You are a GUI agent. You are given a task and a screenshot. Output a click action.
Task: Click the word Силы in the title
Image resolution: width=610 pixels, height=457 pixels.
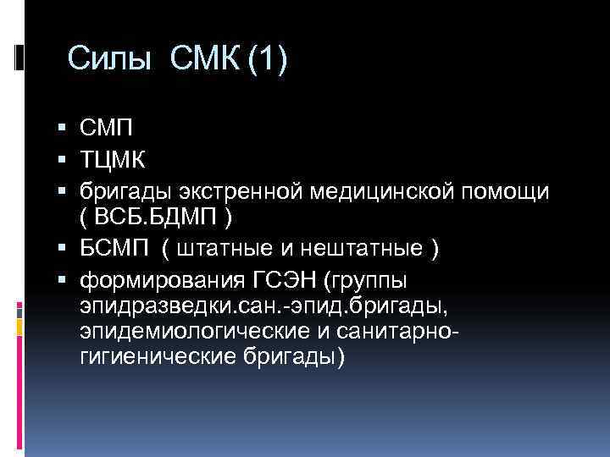(110, 60)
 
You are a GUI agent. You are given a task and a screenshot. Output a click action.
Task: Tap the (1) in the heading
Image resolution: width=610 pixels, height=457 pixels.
(268, 60)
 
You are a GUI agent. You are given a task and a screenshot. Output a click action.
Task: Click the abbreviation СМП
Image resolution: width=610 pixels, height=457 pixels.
(106, 129)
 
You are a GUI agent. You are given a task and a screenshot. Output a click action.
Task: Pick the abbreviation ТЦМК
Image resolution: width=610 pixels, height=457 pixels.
(112, 161)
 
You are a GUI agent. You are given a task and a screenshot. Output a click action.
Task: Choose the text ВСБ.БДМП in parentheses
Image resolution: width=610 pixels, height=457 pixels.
(157, 218)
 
